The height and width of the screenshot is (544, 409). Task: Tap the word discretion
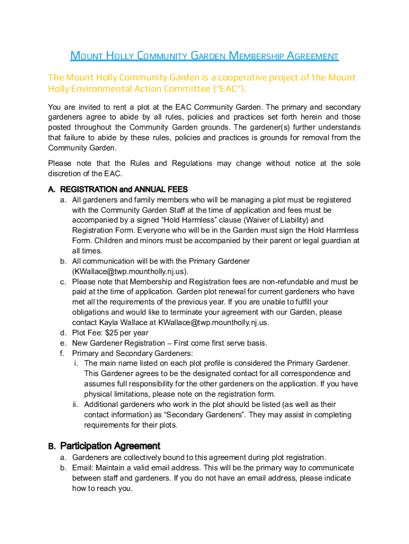point(65,174)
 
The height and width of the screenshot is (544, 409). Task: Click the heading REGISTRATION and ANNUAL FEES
point(124,190)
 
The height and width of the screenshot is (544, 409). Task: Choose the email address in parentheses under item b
point(130,271)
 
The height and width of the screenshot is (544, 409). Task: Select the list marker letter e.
point(63,343)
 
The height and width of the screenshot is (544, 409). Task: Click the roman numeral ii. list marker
point(76,404)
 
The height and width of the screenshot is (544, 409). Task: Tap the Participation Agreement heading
point(110,446)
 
